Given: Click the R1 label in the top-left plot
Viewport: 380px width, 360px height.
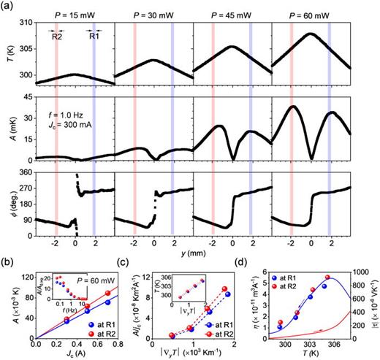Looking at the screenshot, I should tap(94, 33).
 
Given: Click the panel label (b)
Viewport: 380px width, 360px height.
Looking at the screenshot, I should tap(9, 260).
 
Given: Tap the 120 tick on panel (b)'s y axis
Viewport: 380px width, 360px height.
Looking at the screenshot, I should tap(27, 277).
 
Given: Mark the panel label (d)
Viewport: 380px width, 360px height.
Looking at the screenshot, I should tap(262, 260).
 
